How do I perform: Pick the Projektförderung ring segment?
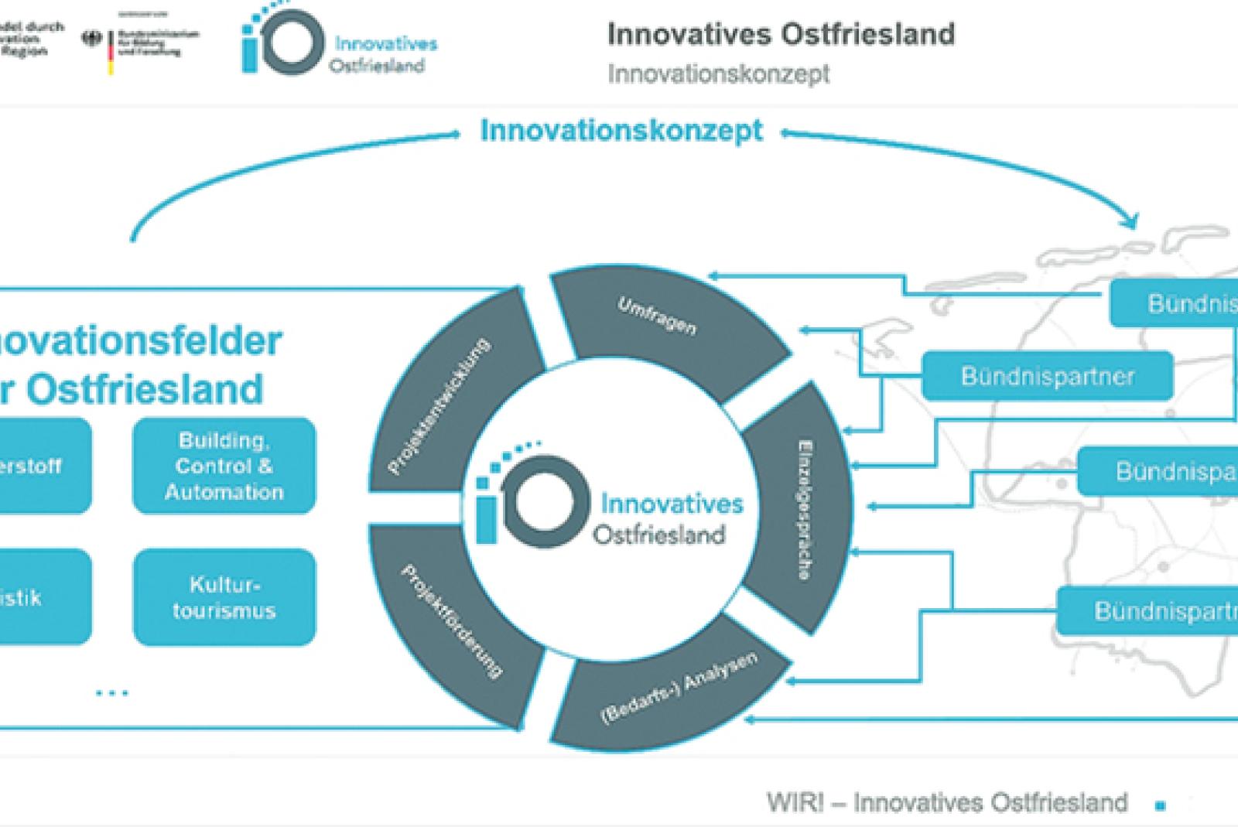coord(449,619)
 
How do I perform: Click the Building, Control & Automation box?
coord(224,466)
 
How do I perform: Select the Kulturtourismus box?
coord(224,597)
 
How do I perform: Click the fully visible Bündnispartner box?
coord(1048,376)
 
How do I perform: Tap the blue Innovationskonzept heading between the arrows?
coord(621,131)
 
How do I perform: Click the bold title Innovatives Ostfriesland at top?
coord(781,34)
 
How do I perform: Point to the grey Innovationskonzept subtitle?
coord(718,74)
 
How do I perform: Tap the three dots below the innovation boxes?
coord(112,693)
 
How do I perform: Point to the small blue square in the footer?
coord(1160,806)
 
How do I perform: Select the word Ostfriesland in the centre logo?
coord(659,535)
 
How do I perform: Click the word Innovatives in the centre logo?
coord(672,504)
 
